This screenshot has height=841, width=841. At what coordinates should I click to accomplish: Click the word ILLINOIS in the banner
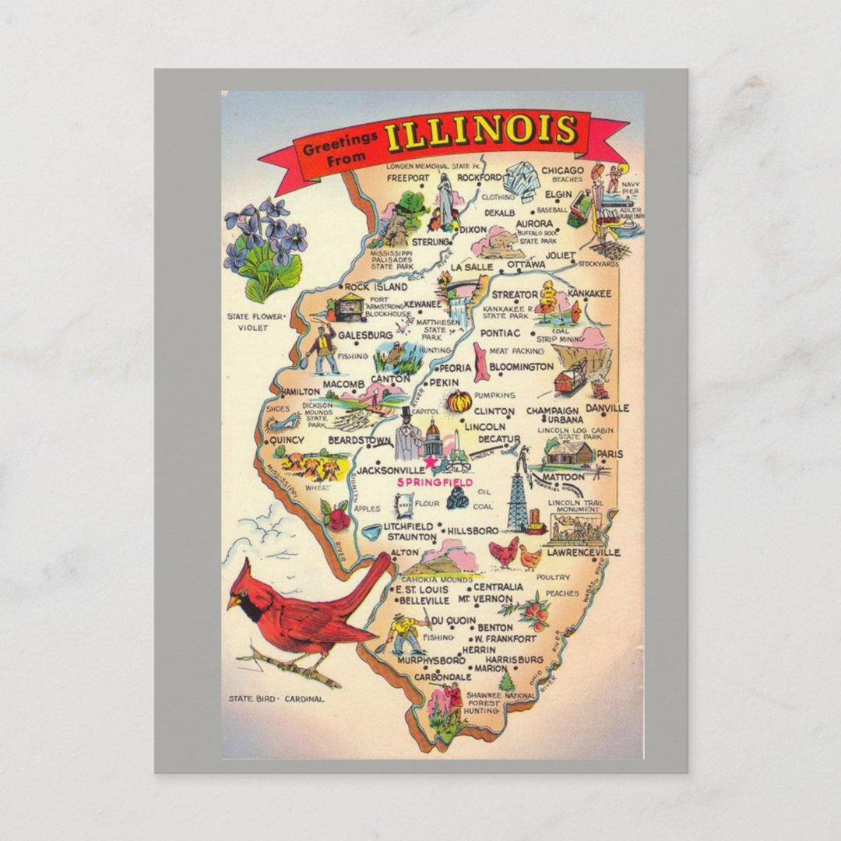tap(480, 131)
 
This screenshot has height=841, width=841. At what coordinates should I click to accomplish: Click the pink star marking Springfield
tap(428, 463)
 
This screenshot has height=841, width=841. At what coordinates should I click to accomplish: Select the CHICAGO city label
tap(562, 171)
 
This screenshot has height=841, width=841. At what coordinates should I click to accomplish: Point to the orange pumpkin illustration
tap(459, 401)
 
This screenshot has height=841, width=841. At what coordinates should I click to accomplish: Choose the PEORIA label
tap(455, 368)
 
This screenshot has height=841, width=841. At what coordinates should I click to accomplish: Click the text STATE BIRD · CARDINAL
tap(276, 698)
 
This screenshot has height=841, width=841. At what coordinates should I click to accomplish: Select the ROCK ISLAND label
tap(375, 287)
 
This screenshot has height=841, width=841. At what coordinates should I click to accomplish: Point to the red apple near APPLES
tap(338, 519)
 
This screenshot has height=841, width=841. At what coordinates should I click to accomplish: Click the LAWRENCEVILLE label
tap(583, 552)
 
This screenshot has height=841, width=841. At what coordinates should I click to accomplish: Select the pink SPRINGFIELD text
tap(435, 483)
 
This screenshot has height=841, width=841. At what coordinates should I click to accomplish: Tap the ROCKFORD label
tap(479, 178)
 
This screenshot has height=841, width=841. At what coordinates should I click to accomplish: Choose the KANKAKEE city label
tap(589, 294)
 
